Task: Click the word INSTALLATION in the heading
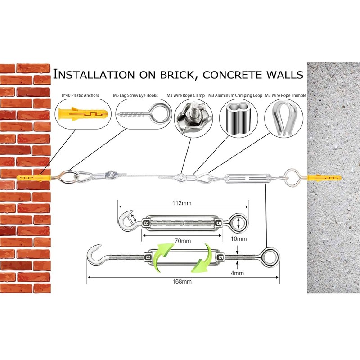pyautogui.click(x=94, y=75)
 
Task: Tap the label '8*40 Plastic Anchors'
pyautogui.click(x=80, y=95)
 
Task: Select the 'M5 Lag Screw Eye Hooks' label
pyautogui.click(x=135, y=95)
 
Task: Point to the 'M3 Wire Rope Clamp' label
pyautogui.click(x=185, y=95)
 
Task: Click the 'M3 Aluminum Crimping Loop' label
pyautogui.click(x=235, y=95)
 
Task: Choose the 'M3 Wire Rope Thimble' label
pyautogui.click(x=286, y=95)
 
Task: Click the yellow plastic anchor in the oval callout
pyautogui.click(x=83, y=114)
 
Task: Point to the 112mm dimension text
pyautogui.click(x=182, y=203)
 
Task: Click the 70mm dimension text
pyautogui.click(x=183, y=241)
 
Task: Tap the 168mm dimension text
pyautogui.click(x=182, y=282)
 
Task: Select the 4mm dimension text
pyautogui.click(x=237, y=273)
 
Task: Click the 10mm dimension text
pyautogui.click(x=238, y=239)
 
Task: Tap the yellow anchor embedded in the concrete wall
pyautogui.click(x=324, y=178)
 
